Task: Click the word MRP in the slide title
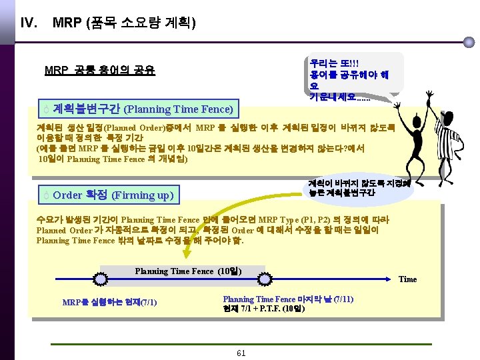(67, 24)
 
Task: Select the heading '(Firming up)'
(143, 195)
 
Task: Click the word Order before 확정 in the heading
(67, 195)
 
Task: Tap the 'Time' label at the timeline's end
(407, 279)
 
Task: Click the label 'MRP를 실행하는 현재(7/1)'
(109, 303)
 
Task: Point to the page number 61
(241, 353)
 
